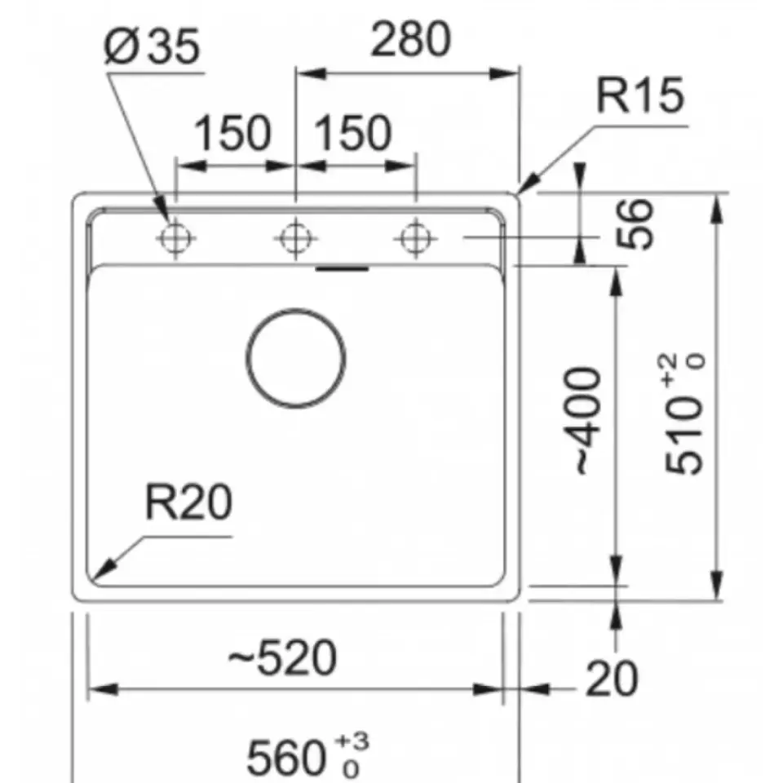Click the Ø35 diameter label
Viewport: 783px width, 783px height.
click(153, 46)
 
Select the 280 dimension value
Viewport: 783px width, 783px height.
click(410, 39)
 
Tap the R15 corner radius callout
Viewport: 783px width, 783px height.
click(640, 95)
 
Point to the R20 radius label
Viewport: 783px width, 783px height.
click(188, 502)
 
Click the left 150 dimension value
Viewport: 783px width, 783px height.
click(232, 132)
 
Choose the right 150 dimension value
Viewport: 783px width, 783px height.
click(352, 132)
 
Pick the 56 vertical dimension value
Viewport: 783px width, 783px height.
click(635, 223)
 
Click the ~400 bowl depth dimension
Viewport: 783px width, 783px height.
click(588, 421)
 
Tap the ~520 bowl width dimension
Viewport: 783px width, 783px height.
click(283, 657)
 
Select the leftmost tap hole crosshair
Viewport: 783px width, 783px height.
click(175, 238)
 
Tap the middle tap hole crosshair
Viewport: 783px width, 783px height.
click(295, 238)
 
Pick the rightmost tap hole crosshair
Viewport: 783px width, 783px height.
click(415, 238)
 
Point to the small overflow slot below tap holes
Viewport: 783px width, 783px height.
click(343, 269)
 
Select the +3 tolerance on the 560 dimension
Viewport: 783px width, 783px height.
click(353, 741)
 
